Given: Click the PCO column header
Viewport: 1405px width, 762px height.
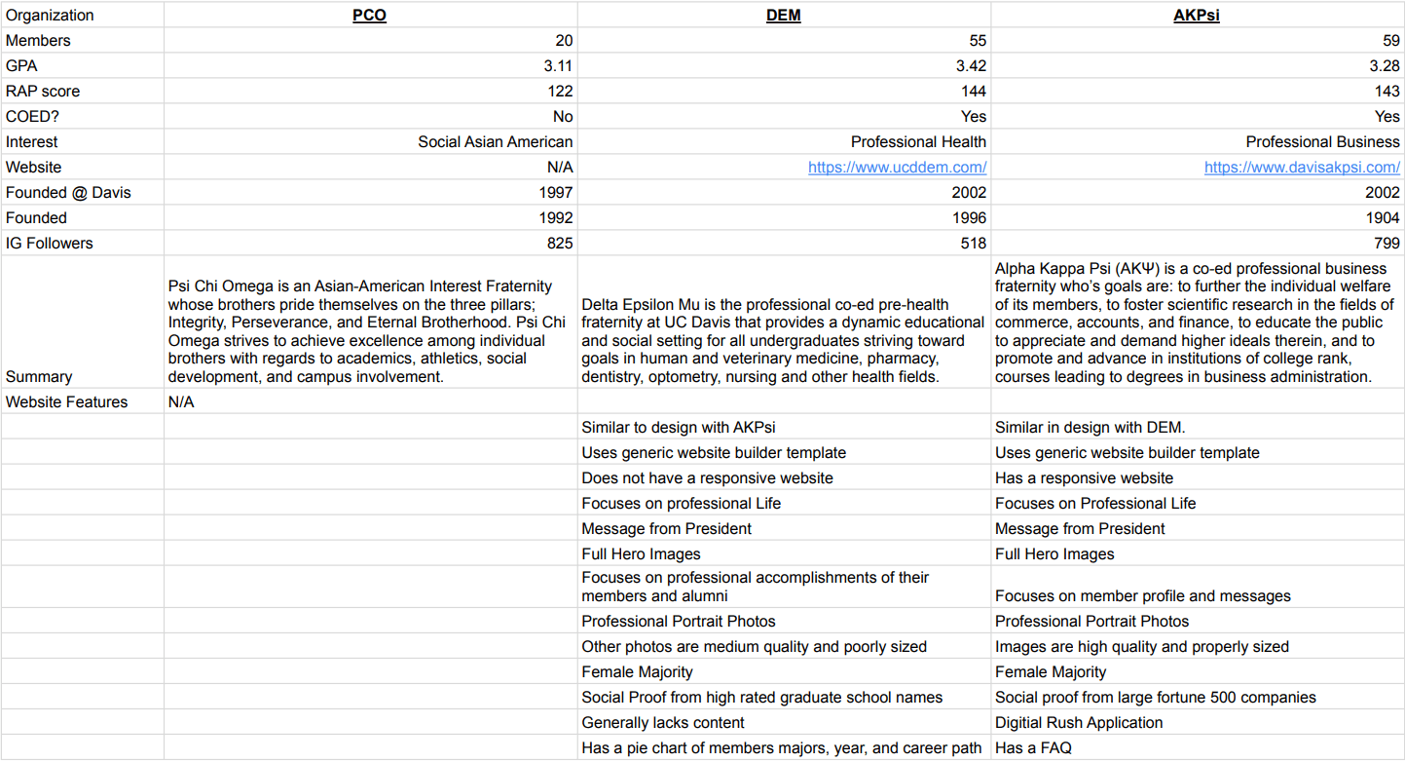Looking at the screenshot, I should (x=369, y=15).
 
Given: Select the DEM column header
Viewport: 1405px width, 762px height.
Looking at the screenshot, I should (x=784, y=15).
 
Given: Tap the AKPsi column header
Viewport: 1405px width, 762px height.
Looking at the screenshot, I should (x=1197, y=15).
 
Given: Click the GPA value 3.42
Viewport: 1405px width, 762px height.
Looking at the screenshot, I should (x=970, y=65).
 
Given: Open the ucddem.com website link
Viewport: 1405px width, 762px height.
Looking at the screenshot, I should (x=897, y=167).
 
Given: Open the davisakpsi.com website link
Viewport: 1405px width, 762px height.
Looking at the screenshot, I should (x=1301, y=167).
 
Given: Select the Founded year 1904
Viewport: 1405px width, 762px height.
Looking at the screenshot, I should (x=1382, y=217).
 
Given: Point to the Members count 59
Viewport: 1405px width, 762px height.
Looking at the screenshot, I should (x=1390, y=40).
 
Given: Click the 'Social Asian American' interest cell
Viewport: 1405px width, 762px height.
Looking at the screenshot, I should (x=496, y=141).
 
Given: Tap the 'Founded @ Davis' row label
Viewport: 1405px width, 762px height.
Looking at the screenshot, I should (x=68, y=192).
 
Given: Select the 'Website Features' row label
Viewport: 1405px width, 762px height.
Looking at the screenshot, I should (x=66, y=401).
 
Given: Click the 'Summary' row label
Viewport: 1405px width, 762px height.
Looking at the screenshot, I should (x=39, y=376).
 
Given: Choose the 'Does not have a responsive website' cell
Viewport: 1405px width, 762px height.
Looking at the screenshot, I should (x=707, y=477).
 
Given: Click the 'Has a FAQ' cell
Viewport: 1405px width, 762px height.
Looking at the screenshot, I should (x=1033, y=748).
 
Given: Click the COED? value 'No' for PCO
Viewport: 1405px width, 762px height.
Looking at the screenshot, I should (x=562, y=116).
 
